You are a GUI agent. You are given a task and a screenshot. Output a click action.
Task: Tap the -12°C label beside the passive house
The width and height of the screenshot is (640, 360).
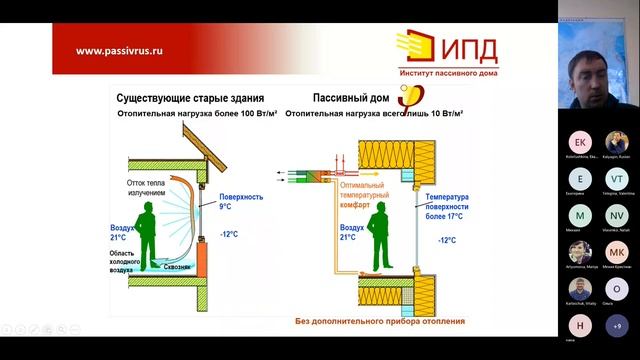point(446,240)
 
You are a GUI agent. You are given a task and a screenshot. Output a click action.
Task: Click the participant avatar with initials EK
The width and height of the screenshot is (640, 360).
point(581,142)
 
